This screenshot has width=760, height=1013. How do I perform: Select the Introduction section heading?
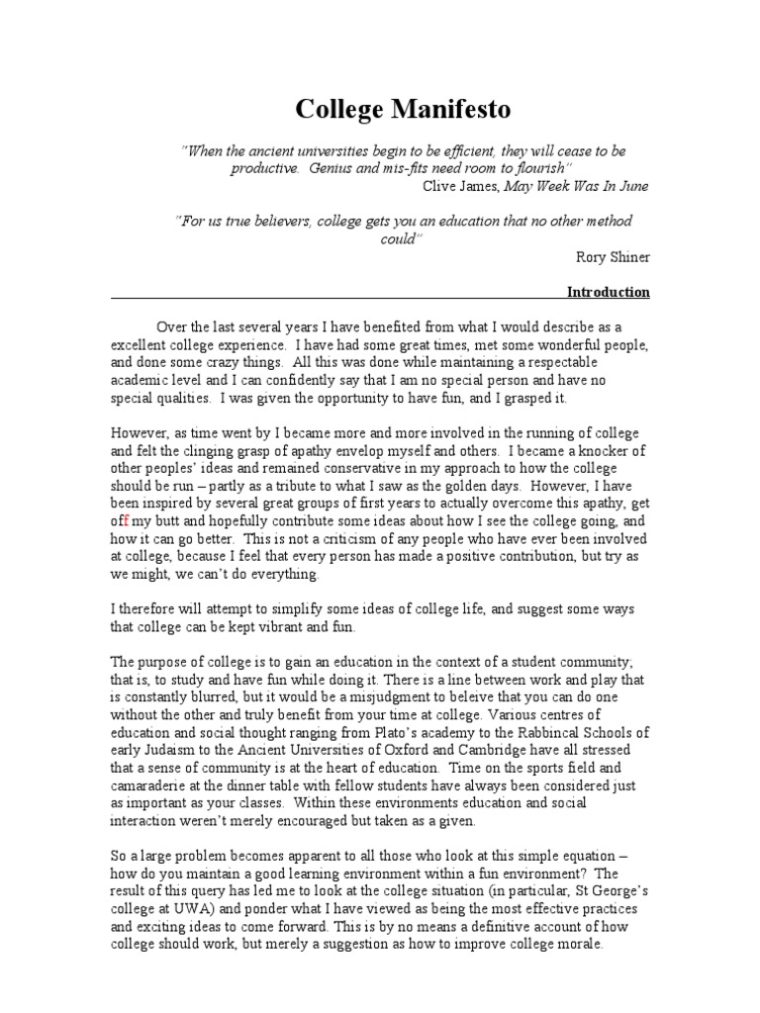[608, 292]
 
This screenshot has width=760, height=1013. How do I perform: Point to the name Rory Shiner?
[613, 257]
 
